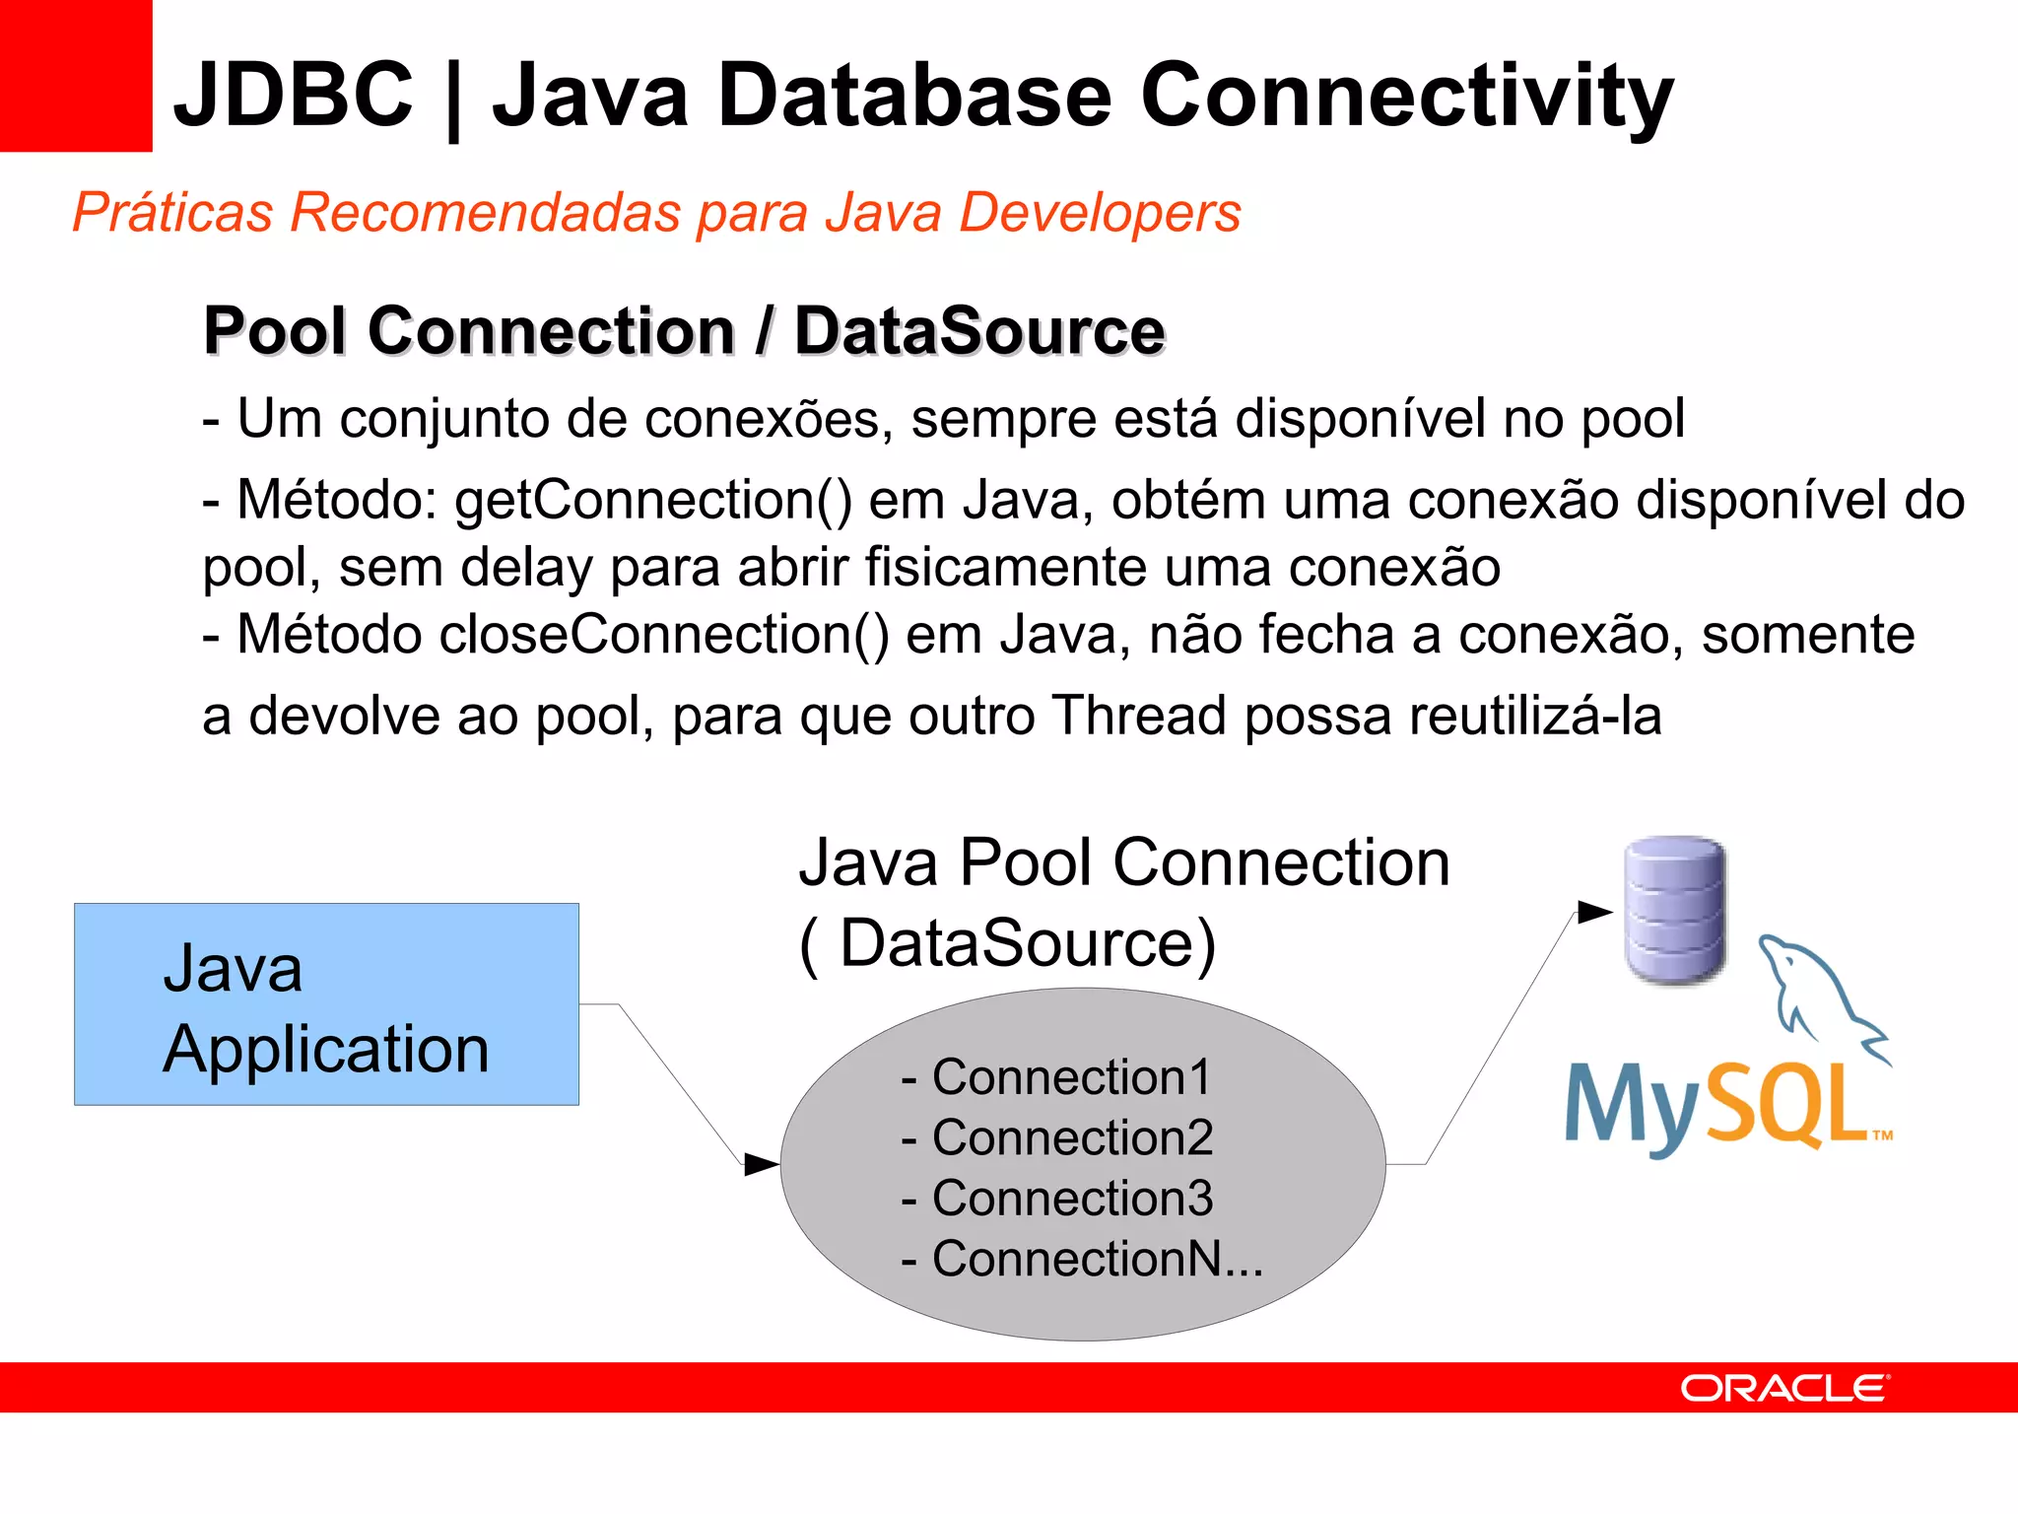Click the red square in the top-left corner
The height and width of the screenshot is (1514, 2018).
tap(75, 75)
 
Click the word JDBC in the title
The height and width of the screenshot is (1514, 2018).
tap(294, 95)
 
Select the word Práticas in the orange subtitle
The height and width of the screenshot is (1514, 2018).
tap(172, 213)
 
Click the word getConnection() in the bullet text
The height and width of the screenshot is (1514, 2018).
tap(653, 501)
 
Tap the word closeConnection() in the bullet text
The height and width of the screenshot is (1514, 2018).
tap(663, 635)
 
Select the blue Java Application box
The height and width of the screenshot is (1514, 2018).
tap(326, 1003)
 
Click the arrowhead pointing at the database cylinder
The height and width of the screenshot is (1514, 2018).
tap(1594, 912)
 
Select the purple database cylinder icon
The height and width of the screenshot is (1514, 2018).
tap(1674, 909)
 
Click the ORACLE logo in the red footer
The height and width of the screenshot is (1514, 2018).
tap(1784, 1388)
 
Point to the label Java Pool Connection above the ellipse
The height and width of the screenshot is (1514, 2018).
tap(1123, 863)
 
